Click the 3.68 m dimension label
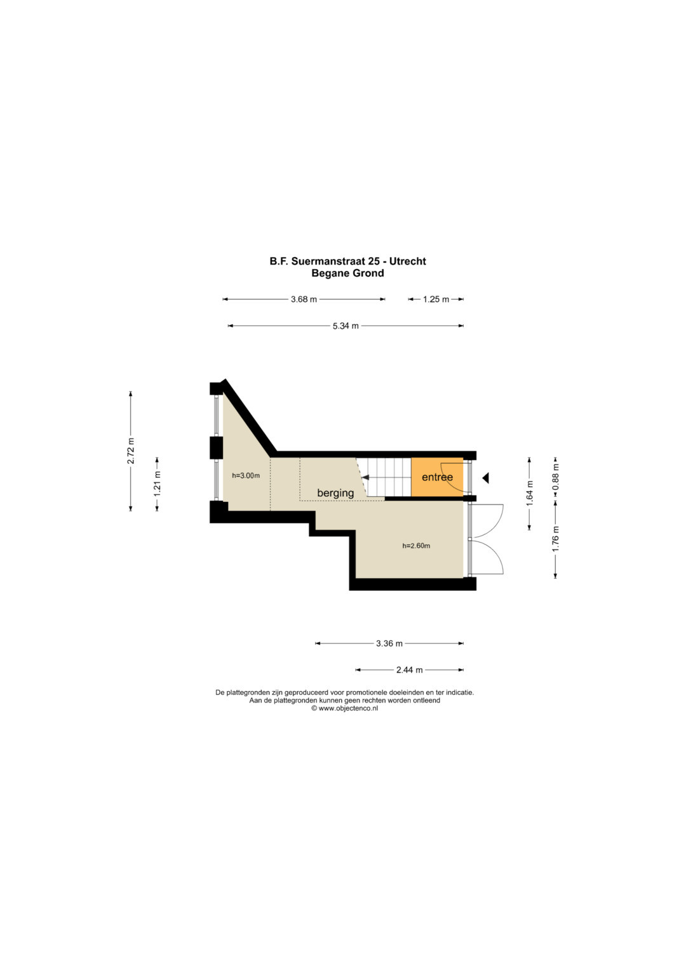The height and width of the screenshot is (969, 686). point(304,299)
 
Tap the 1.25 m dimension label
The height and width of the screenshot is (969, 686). point(436,299)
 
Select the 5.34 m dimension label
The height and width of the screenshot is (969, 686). point(346,326)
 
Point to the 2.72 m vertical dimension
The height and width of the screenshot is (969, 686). point(131,451)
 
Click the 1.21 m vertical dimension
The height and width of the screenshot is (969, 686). point(158,484)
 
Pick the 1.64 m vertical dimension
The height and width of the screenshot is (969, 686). point(529,494)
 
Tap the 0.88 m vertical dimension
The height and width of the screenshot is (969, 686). point(556,477)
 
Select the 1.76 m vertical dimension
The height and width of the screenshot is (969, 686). point(556,539)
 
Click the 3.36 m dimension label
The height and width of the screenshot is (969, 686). point(389,643)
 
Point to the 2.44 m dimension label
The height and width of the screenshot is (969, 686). point(409,670)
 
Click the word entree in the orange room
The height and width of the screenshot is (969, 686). point(437,477)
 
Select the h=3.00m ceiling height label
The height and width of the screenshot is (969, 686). point(246,476)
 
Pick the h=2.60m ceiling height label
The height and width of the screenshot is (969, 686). point(416,546)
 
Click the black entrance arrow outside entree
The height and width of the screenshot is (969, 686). point(485,478)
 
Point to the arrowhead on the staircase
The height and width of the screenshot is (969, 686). point(365,478)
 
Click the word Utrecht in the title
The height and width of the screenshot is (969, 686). point(408,261)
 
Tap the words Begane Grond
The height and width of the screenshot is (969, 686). point(348,273)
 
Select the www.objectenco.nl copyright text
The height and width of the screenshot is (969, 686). point(344,709)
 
